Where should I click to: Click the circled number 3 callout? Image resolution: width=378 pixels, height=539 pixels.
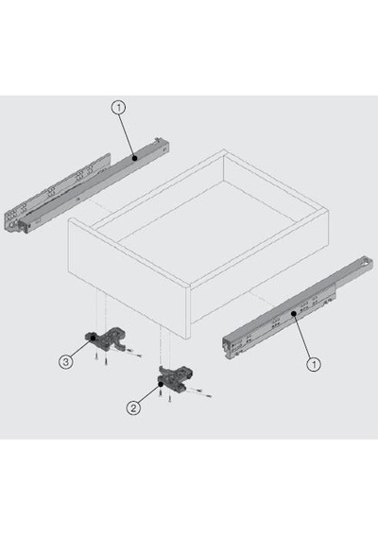pos(65,361)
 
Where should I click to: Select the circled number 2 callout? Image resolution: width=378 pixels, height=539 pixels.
pos(133,408)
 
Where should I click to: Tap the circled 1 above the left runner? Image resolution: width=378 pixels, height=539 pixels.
pos(118,108)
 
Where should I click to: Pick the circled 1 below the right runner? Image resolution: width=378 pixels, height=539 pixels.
pos(314,364)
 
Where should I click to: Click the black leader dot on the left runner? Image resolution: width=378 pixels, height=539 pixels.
pos(135,158)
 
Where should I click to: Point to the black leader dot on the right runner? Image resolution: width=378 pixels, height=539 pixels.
pos(294,314)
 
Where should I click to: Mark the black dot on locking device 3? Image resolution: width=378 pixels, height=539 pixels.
pos(93,339)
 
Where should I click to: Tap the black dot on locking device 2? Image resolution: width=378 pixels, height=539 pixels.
pos(160,384)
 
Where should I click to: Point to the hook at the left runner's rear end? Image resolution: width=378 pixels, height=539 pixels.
pos(158,140)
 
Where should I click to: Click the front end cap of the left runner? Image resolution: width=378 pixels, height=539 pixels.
pos(26,225)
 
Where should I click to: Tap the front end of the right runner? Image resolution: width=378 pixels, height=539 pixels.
pos(230,347)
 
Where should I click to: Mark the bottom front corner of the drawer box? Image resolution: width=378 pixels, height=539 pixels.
pos(186,339)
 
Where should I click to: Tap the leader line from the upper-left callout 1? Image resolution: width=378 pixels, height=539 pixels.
pos(127,136)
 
